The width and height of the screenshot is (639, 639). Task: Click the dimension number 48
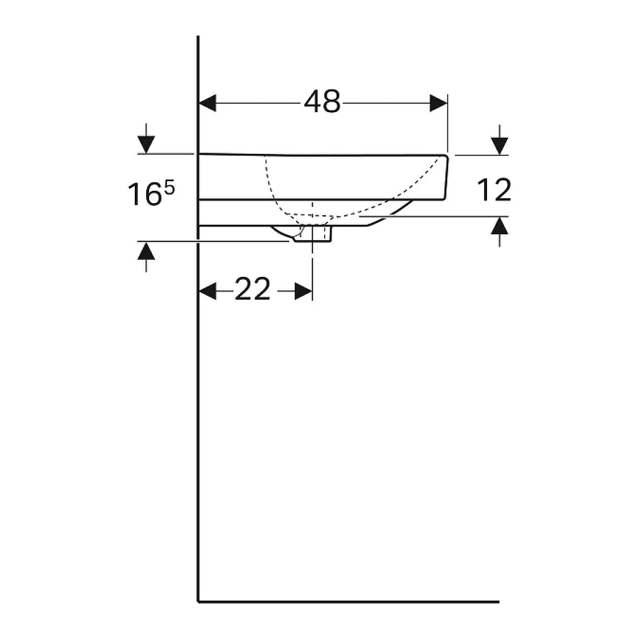tap(322, 103)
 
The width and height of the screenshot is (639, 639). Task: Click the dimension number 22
tap(253, 290)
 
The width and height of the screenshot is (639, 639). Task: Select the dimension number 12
tap(493, 190)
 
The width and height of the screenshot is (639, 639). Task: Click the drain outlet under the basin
tap(312, 235)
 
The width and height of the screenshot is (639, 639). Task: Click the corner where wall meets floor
tap(198, 601)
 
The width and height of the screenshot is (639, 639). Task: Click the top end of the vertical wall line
tap(198, 38)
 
